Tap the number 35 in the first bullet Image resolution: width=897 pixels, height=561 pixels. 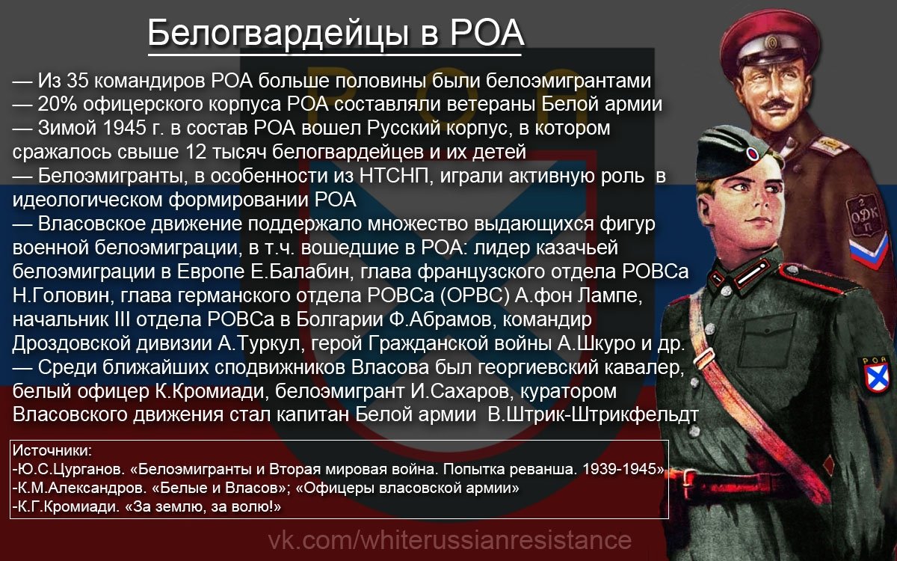pyautogui.click(x=77, y=81)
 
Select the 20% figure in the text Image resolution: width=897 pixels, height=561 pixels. pyautogui.click(x=58, y=104)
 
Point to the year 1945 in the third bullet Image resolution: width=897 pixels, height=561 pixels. pyautogui.click(x=125, y=128)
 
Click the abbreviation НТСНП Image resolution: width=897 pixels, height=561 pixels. pyautogui.click(x=394, y=176)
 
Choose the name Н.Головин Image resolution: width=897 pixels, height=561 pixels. pyautogui.click(x=61, y=295)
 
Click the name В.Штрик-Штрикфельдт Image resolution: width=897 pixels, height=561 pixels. pyautogui.click(x=593, y=414)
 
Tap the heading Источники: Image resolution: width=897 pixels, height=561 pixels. pyautogui.click(x=52, y=450)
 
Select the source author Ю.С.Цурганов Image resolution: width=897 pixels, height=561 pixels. pyautogui.click(x=68, y=469)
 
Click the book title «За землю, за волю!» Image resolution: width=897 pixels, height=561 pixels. pyautogui.click(x=203, y=507)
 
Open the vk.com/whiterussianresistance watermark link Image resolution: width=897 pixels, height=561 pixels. pyautogui.click(x=449, y=540)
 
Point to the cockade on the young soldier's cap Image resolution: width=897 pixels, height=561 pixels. pyautogui.click(x=752, y=153)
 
